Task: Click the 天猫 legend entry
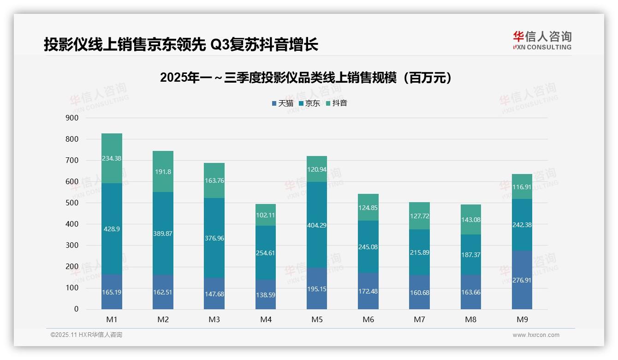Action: pos(283,103)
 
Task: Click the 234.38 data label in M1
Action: pos(112,158)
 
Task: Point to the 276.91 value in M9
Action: pos(522,280)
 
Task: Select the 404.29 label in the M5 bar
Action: pos(317,225)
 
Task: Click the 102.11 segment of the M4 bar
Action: pos(266,215)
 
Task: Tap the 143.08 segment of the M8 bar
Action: pos(470,220)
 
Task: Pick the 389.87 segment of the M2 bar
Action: pos(163,234)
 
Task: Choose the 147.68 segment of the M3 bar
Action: pos(214,294)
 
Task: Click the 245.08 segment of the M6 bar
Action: pos(368,247)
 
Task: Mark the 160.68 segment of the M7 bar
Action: pos(419,292)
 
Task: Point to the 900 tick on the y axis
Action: pos(72,118)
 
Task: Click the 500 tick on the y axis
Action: pos(72,203)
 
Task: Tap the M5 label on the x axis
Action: pos(317,319)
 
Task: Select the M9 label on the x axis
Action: pos(522,319)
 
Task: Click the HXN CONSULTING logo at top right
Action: pos(542,41)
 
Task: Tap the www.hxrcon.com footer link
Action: pos(535,335)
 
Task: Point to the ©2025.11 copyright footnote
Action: pos(86,335)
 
